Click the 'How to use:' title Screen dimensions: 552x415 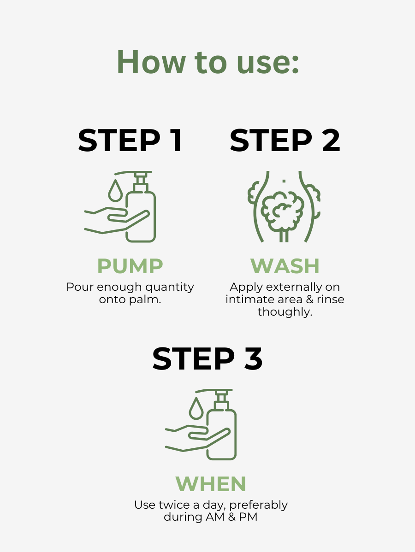click(x=208, y=62)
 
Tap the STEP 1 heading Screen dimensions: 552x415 click(x=130, y=141)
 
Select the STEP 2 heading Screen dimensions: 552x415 click(x=285, y=141)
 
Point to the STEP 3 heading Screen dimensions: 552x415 click(x=207, y=359)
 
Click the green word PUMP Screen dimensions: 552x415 click(x=130, y=266)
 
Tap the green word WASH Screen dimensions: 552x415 click(x=285, y=266)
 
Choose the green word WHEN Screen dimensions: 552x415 click(x=211, y=484)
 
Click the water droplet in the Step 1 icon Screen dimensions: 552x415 click(x=115, y=191)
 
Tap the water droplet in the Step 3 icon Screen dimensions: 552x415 click(x=196, y=409)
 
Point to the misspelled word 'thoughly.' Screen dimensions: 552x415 click(x=285, y=312)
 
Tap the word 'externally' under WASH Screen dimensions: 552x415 click(x=298, y=287)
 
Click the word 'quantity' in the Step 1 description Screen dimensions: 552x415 click(x=172, y=287)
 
